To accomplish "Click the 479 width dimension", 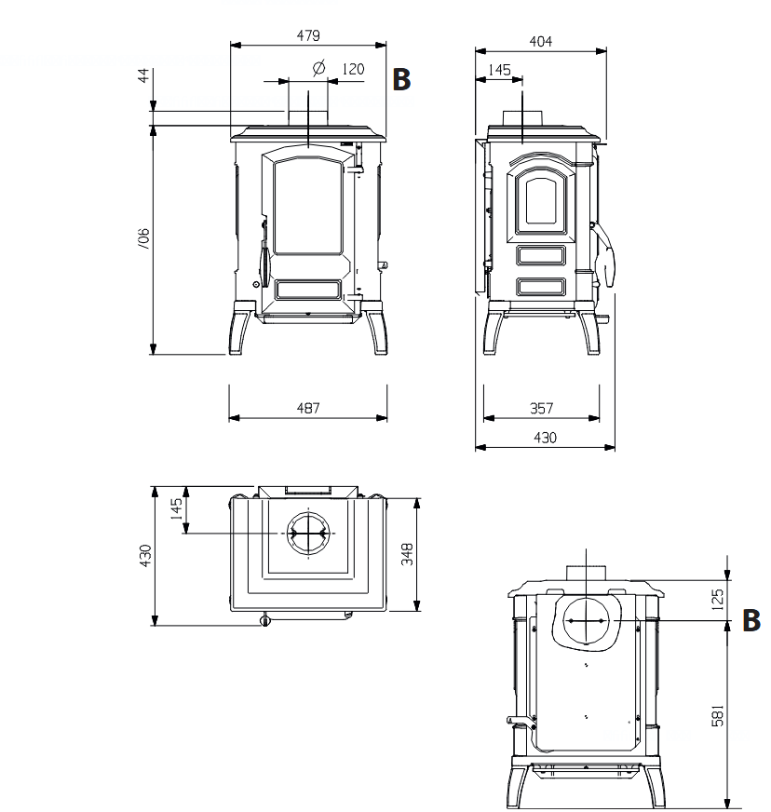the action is [x=308, y=35].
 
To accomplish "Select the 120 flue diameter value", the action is [x=353, y=69].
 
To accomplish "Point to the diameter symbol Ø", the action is [x=319, y=68].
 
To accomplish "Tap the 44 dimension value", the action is [x=143, y=75].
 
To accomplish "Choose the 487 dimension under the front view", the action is [x=308, y=408].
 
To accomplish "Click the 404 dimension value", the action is [x=541, y=41].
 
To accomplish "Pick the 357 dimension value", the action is [x=541, y=409].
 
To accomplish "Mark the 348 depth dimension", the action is [x=407, y=554].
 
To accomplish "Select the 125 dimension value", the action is [x=717, y=600].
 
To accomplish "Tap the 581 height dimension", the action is [x=718, y=716].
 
